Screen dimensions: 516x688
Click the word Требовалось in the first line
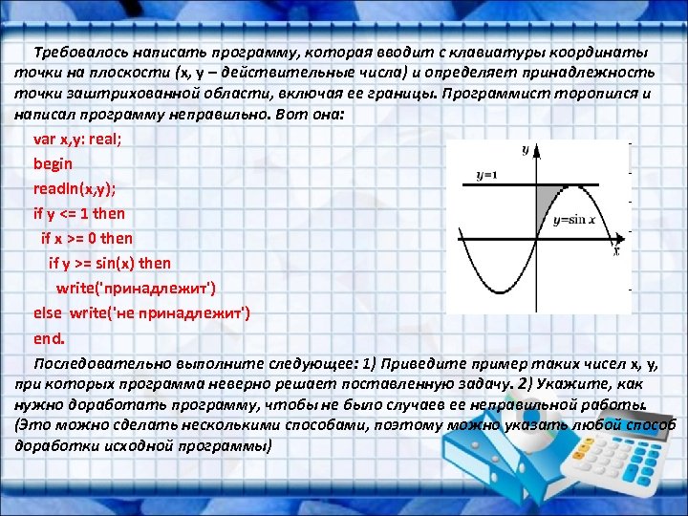[x=77, y=52]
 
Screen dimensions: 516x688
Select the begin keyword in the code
[x=53, y=163]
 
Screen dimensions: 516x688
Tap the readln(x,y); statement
[x=81, y=188]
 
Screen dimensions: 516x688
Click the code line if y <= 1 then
[x=79, y=213]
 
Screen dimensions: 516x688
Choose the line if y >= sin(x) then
[x=110, y=263]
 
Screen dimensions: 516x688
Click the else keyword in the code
[x=47, y=312]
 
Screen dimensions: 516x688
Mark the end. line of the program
[x=49, y=337]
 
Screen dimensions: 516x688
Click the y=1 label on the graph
[x=486, y=176]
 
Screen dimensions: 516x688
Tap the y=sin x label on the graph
[x=574, y=220]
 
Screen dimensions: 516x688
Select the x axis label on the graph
[x=616, y=251]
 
